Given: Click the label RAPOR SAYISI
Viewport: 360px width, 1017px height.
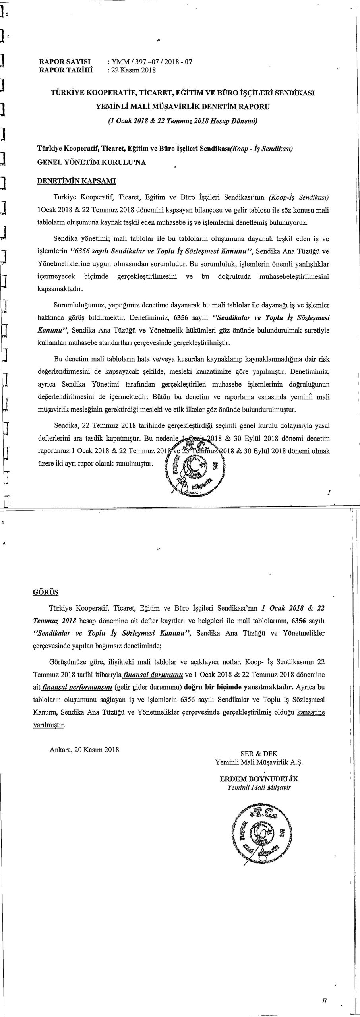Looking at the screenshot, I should click(x=65, y=62).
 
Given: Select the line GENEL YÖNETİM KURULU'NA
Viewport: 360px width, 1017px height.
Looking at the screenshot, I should click(x=91, y=162).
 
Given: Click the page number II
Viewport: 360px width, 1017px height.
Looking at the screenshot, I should click(x=324, y=1001).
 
